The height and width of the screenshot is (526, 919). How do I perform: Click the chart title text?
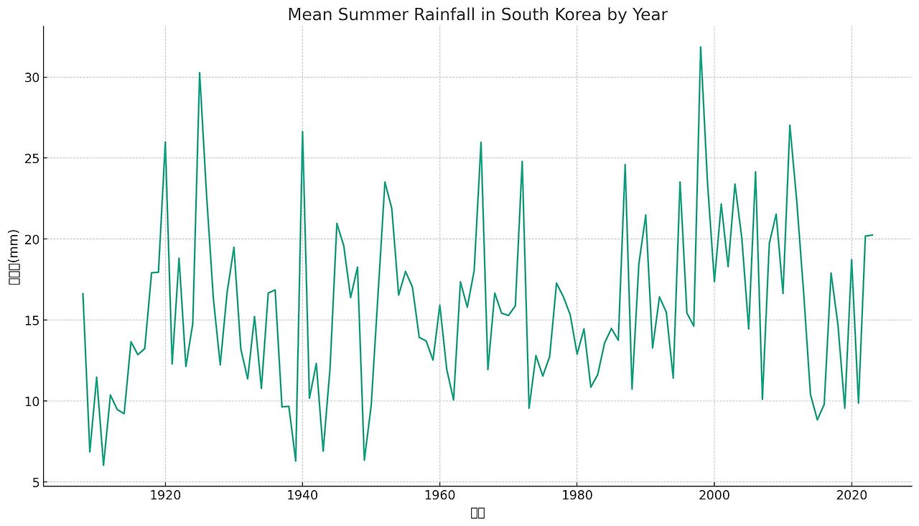click(x=477, y=14)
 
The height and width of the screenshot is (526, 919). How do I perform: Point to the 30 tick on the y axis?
click(x=28, y=78)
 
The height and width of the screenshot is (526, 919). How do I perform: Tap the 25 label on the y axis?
click(x=28, y=158)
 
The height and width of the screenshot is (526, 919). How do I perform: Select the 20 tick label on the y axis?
click(x=28, y=239)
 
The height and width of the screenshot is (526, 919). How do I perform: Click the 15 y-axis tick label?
click(x=28, y=320)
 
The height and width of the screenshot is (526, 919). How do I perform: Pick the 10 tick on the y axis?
click(x=28, y=401)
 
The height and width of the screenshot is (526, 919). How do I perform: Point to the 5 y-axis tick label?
click(x=32, y=482)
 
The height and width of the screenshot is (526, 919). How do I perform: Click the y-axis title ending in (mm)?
click(x=14, y=257)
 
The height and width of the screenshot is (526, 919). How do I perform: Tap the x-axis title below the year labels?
click(x=477, y=512)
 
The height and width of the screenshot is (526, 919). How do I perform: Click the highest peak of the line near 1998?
click(x=700, y=47)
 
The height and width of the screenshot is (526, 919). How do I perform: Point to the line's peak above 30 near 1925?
click(x=200, y=73)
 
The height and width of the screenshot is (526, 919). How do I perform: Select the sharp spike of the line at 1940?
click(x=302, y=131)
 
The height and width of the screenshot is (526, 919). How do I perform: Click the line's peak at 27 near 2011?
click(x=790, y=125)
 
